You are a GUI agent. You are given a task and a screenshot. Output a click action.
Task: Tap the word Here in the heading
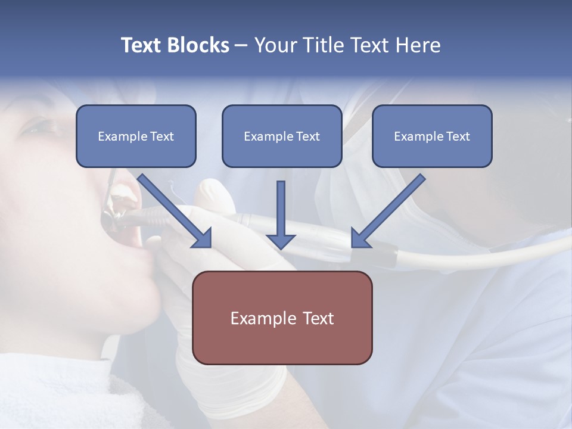point(418,45)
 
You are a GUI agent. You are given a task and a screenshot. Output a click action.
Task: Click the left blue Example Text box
point(136,136)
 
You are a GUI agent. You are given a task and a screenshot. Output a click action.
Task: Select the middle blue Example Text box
point(282,136)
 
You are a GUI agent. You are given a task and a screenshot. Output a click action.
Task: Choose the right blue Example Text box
point(432,136)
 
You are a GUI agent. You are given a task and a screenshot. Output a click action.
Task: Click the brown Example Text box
point(282,318)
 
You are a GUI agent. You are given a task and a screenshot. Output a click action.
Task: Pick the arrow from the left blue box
point(173,209)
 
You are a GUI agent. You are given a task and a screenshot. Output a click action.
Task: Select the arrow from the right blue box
point(390,209)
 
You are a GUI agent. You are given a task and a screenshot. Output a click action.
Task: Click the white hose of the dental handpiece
point(477,253)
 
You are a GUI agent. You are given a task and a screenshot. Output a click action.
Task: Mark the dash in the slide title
point(241,45)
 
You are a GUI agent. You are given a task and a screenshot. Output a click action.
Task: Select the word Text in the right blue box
point(458,136)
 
